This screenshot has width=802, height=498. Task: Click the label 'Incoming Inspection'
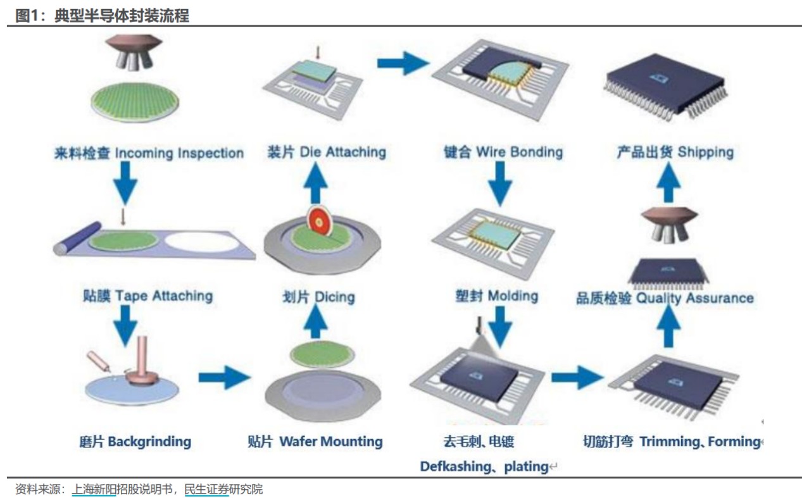179,153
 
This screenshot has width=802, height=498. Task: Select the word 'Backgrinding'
149,441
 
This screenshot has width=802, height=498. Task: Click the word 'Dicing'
334,297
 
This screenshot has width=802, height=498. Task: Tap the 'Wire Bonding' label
519,152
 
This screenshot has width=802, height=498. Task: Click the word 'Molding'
513,296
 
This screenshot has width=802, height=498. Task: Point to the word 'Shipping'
705,152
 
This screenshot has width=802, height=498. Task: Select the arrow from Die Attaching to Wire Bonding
403,63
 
